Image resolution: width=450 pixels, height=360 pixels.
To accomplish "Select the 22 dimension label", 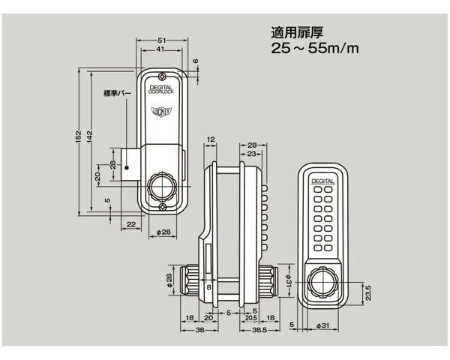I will [130, 224].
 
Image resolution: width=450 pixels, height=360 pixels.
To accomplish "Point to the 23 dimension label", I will [252, 154].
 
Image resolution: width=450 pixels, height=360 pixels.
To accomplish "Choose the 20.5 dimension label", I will [252, 318].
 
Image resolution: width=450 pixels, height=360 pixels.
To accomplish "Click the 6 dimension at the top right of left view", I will [195, 62].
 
